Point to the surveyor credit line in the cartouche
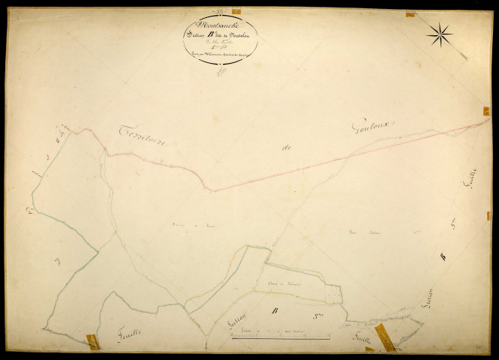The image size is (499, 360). click(x=219, y=55)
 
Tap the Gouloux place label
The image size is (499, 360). click(x=373, y=127)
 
